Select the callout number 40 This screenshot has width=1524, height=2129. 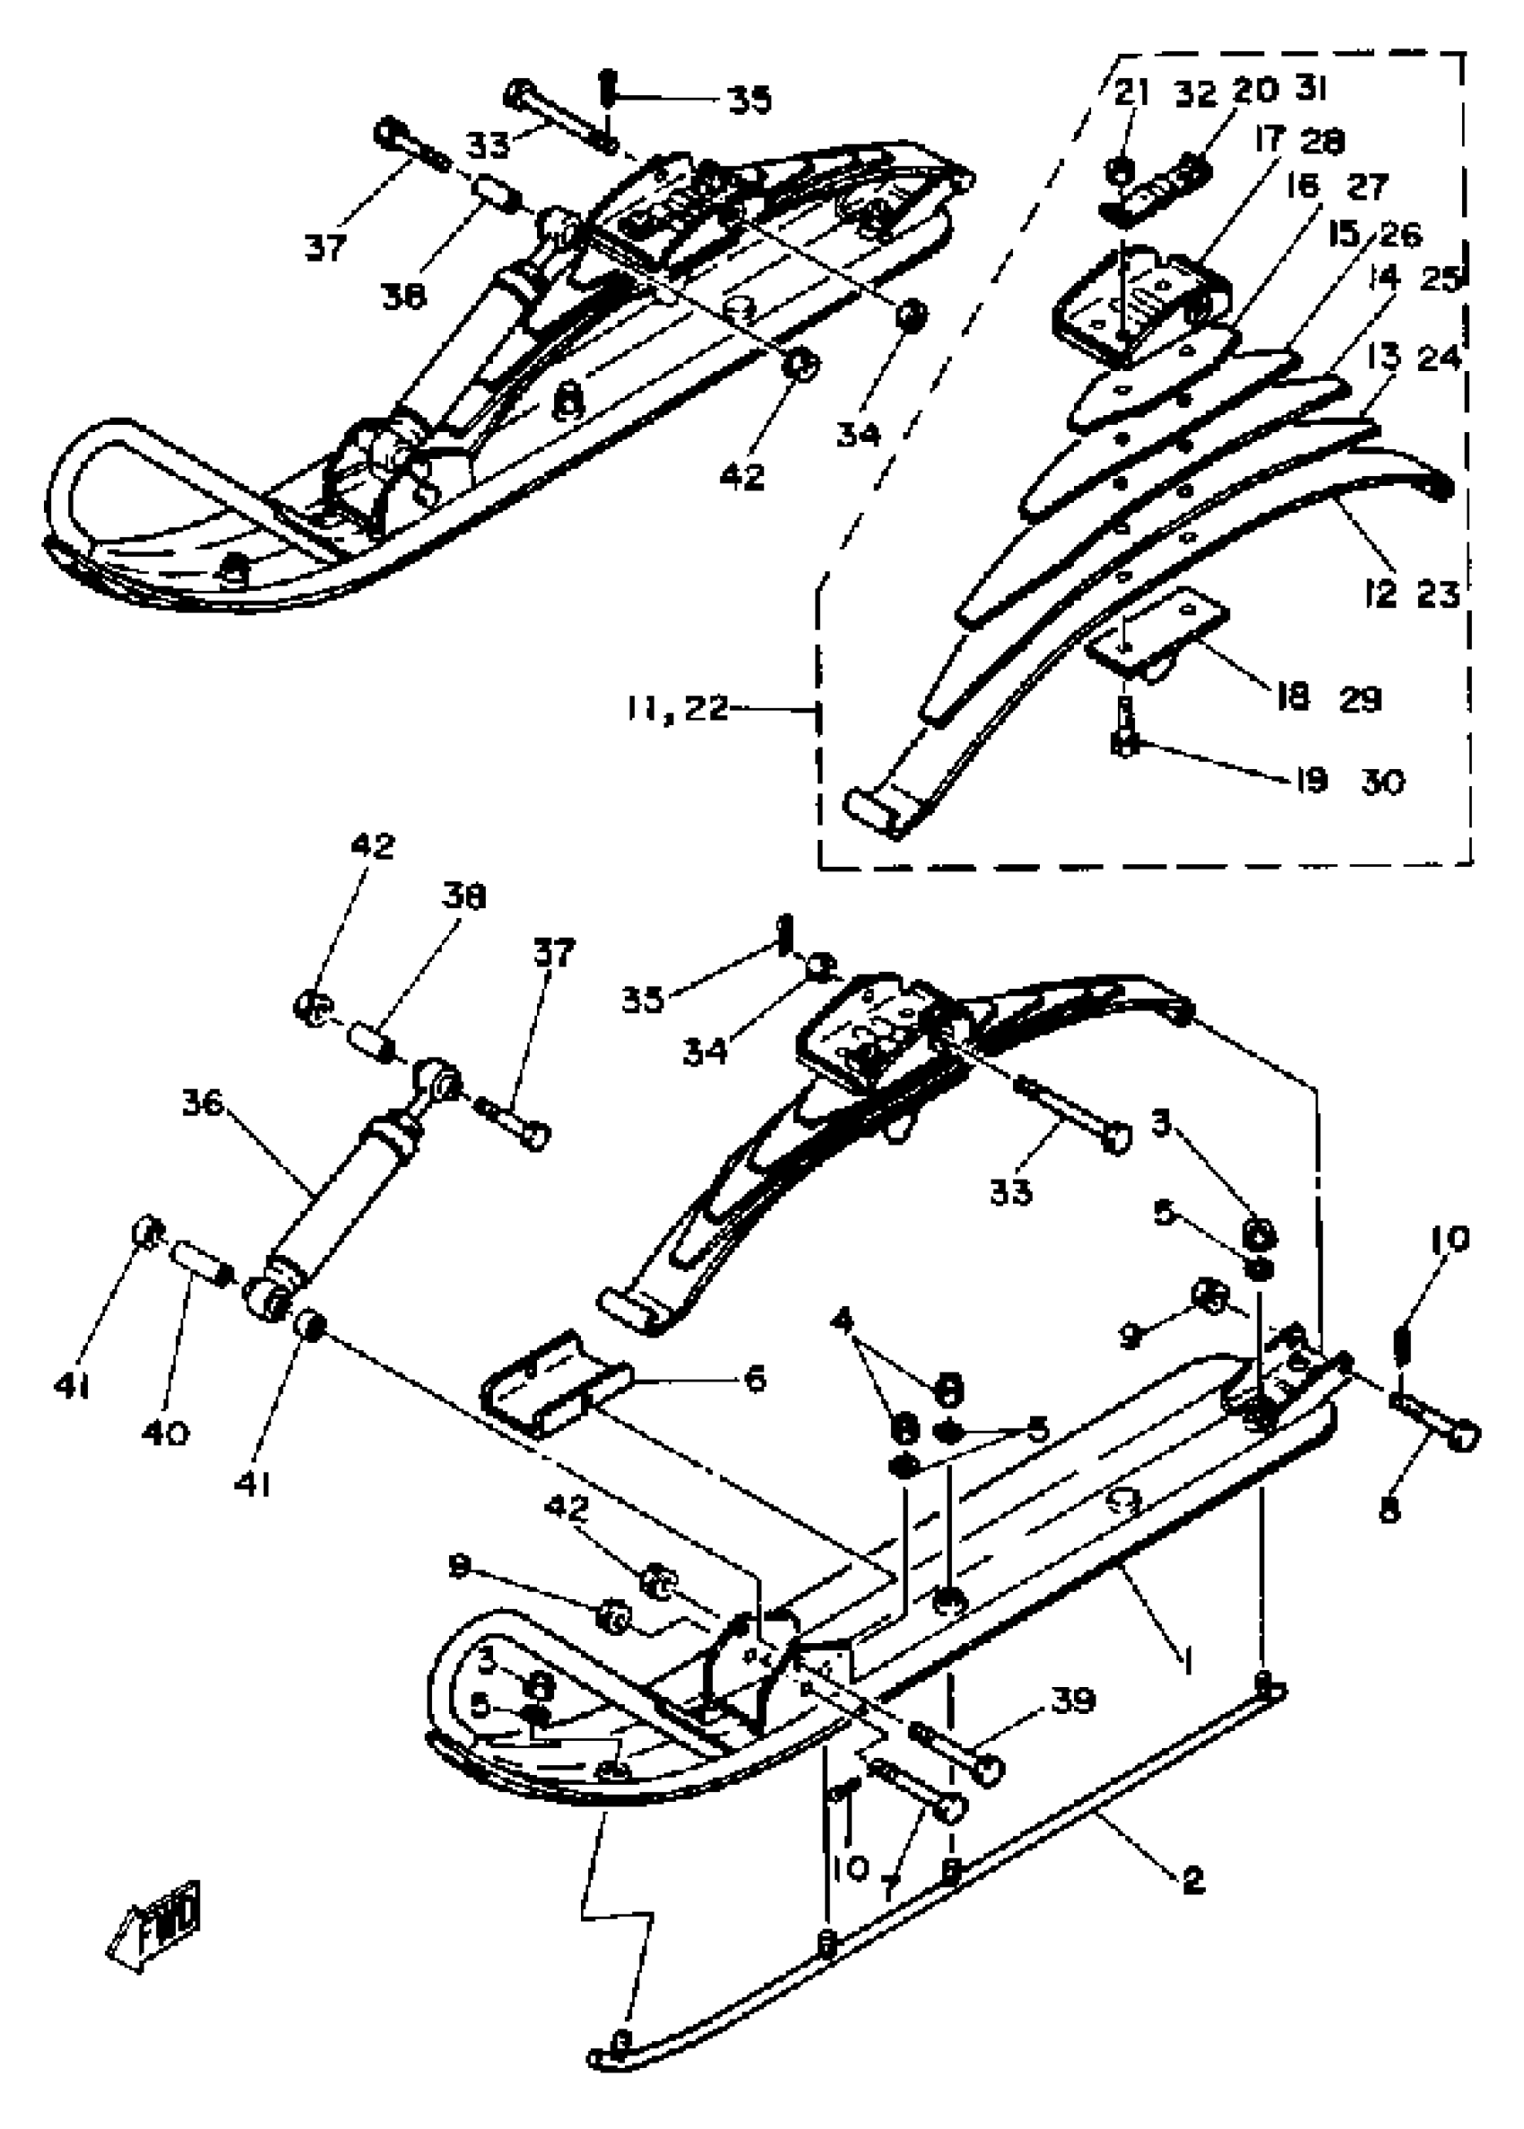point(165,1432)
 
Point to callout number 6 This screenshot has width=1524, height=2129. point(754,1379)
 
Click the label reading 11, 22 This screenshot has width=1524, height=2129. point(678,707)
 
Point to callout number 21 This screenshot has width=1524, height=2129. point(1131,92)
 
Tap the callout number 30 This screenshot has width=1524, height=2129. point(1383,780)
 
